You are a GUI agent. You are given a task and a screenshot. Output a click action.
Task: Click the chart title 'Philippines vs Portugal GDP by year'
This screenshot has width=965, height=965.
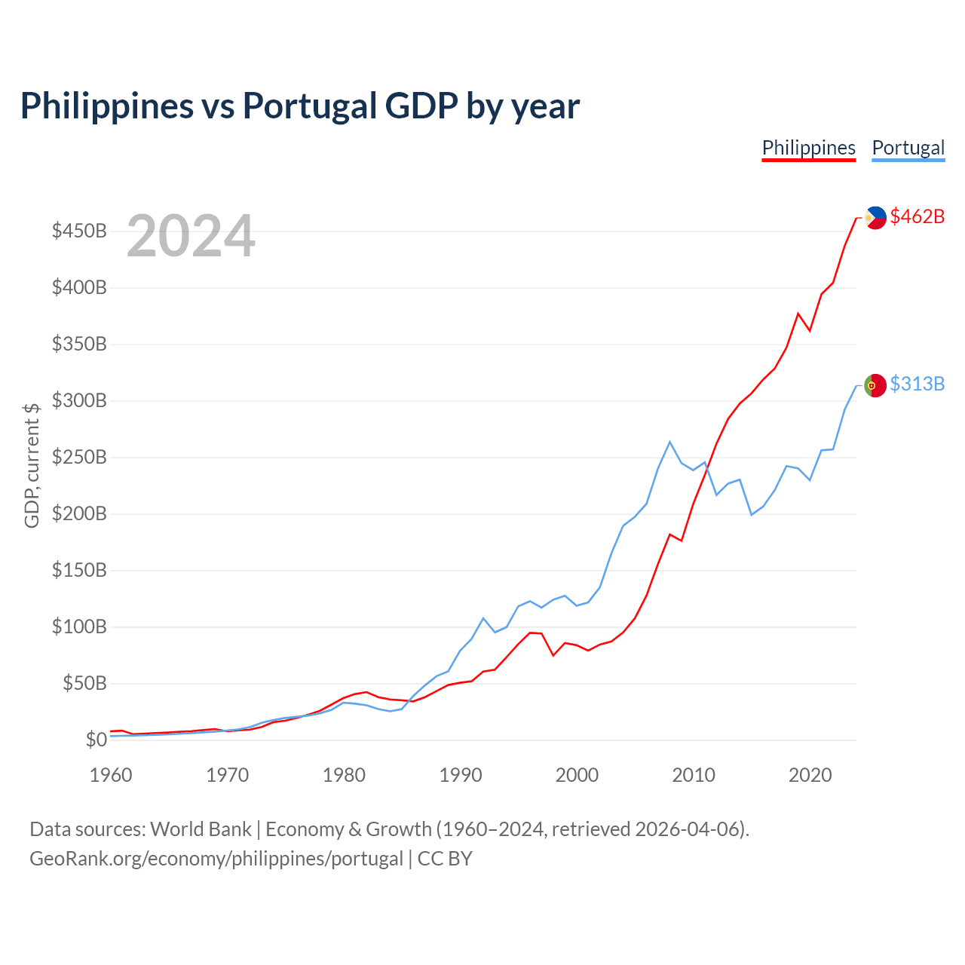click(299, 106)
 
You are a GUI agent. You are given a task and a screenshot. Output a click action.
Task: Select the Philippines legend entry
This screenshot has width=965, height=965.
click(808, 148)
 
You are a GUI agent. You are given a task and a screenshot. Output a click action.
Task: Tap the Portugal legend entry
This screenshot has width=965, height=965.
click(908, 148)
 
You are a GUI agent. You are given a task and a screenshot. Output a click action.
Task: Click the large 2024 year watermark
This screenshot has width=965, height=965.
click(191, 237)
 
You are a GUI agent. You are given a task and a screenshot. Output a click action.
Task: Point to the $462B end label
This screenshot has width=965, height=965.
click(917, 216)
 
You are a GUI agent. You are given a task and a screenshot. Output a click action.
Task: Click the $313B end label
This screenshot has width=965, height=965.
click(917, 384)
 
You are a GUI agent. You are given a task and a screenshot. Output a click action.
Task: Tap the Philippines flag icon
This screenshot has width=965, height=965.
click(875, 217)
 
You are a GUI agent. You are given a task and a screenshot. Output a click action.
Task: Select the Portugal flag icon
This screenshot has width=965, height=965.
click(875, 385)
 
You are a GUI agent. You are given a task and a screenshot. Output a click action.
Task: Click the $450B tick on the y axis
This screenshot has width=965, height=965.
click(79, 231)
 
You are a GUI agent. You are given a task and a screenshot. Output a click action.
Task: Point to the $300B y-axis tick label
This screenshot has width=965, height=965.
click(79, 400)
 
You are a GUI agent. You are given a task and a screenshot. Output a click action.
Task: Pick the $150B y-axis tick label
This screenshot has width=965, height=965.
click(79, 570)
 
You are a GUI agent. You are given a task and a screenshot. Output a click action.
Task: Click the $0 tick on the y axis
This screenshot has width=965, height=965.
click(96, 740)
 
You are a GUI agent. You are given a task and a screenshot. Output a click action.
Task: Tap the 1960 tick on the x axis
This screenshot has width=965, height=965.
click(111, 775)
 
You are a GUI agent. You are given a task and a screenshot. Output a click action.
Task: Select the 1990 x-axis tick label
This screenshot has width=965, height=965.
click(461, 775)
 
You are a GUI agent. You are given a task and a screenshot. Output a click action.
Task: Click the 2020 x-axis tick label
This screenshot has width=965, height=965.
click(810, 775)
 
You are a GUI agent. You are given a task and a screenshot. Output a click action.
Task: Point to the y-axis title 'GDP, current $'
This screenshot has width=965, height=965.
click(32, 465)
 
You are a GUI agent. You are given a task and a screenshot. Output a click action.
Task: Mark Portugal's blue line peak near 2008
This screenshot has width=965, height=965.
click(669, 442)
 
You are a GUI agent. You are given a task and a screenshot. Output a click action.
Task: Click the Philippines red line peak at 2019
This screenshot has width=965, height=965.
click(798, 313)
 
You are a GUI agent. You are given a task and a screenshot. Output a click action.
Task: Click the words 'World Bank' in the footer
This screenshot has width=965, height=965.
click(201, 829)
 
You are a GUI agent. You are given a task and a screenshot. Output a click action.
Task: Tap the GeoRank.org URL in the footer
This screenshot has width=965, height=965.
click(216, 859)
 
